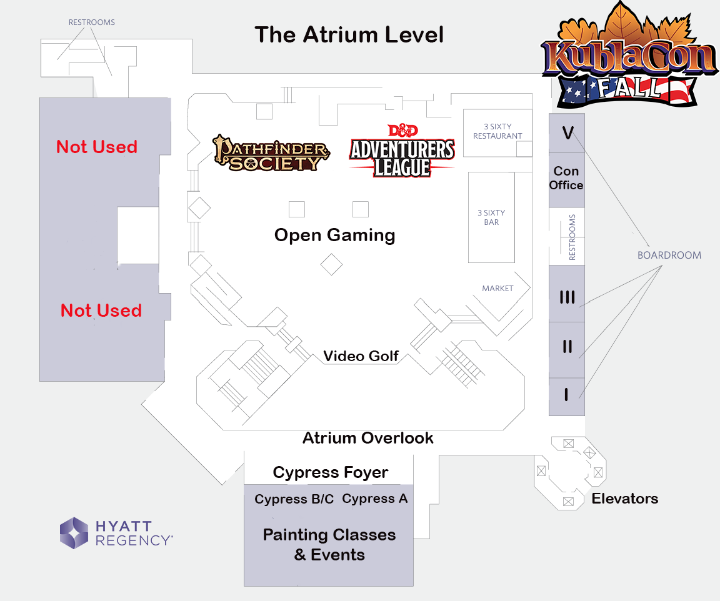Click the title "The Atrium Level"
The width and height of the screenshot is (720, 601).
349,35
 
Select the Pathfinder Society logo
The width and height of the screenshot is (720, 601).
271,153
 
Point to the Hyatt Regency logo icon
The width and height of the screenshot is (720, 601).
74,533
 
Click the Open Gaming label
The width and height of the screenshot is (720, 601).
334,236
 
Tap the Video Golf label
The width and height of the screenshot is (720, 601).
361,356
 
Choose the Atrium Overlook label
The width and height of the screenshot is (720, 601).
367,438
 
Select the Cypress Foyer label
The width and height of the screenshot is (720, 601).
330,472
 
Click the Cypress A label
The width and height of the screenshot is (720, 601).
375,499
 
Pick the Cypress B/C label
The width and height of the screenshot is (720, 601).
294,499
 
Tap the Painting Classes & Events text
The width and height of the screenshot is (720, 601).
329,545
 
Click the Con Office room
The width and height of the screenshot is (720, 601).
566,178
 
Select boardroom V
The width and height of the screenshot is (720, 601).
567,133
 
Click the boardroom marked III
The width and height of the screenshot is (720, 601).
567,297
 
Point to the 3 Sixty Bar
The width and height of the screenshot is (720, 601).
491,217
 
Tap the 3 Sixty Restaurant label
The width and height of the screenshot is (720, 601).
497,131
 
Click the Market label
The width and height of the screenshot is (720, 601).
497,289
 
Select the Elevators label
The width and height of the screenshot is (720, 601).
624,499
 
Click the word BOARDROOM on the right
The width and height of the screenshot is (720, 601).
669,255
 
